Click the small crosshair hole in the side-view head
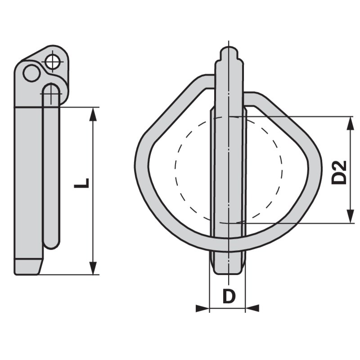point(53,61)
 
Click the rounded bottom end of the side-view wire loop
point(52,245)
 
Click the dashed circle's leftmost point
point(175,166)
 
